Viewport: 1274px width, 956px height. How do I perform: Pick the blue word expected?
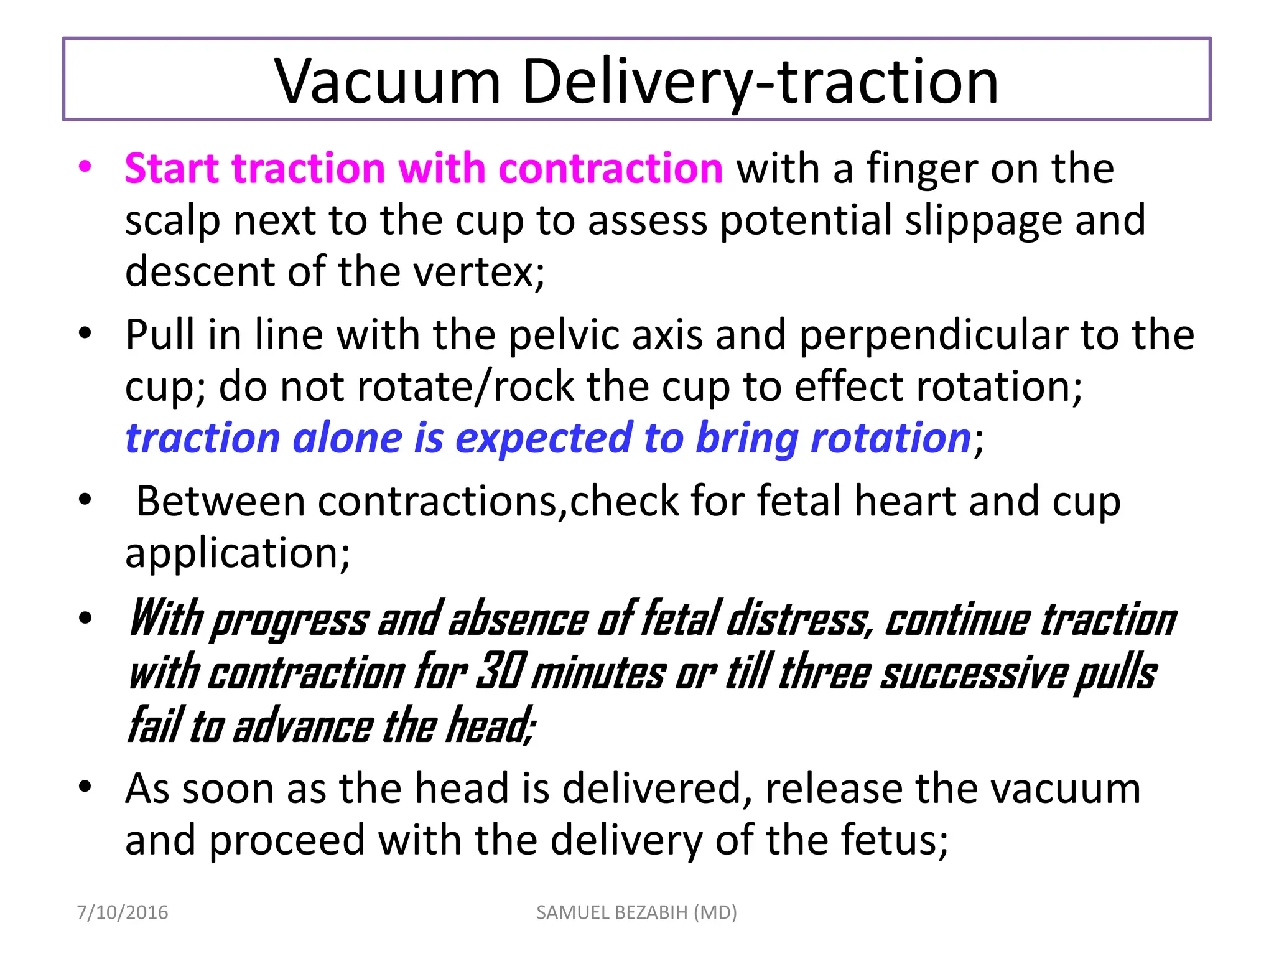point(543,438)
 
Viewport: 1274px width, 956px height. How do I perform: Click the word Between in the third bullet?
point(220,500)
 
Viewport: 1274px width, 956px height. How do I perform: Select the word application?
point(237,553)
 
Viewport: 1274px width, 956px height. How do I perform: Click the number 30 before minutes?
point(501,672)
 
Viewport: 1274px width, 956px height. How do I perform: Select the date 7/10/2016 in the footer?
point(123,912)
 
